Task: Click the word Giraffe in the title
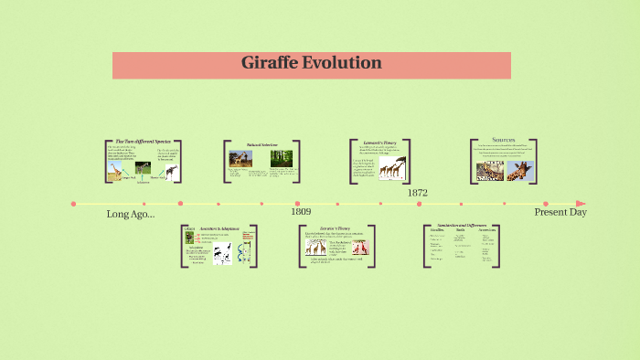(x=272, y=64)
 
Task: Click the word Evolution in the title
(x=344, y=64)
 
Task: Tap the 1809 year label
(x=301, y=212)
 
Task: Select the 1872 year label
(x=417, y=193)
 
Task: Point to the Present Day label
(x=560, y=212)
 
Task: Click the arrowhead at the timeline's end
(x=581, y=204)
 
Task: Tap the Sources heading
(x=504, y=140)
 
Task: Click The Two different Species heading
(x=143, y=142)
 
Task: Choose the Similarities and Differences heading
(x=462, y=226)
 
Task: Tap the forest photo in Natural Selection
(x=281, y=158)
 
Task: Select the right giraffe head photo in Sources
(x=520, y=170)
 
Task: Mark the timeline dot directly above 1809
(x=296, y=204)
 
